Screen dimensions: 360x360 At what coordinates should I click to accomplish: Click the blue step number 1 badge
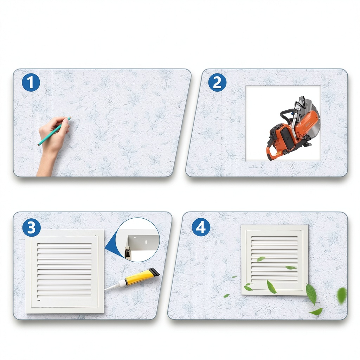click(31, 82)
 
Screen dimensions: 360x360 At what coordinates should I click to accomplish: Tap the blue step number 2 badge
click(217, 82)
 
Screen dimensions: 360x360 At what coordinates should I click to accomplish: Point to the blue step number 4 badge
click(201, 227)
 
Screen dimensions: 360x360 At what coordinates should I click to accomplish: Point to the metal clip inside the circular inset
click(128, 253)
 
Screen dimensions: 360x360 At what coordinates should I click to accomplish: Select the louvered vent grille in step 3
click(65, 271)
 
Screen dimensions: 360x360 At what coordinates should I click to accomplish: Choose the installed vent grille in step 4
click(274, 260)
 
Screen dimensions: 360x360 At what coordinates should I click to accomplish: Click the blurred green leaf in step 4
click(342, 295)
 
